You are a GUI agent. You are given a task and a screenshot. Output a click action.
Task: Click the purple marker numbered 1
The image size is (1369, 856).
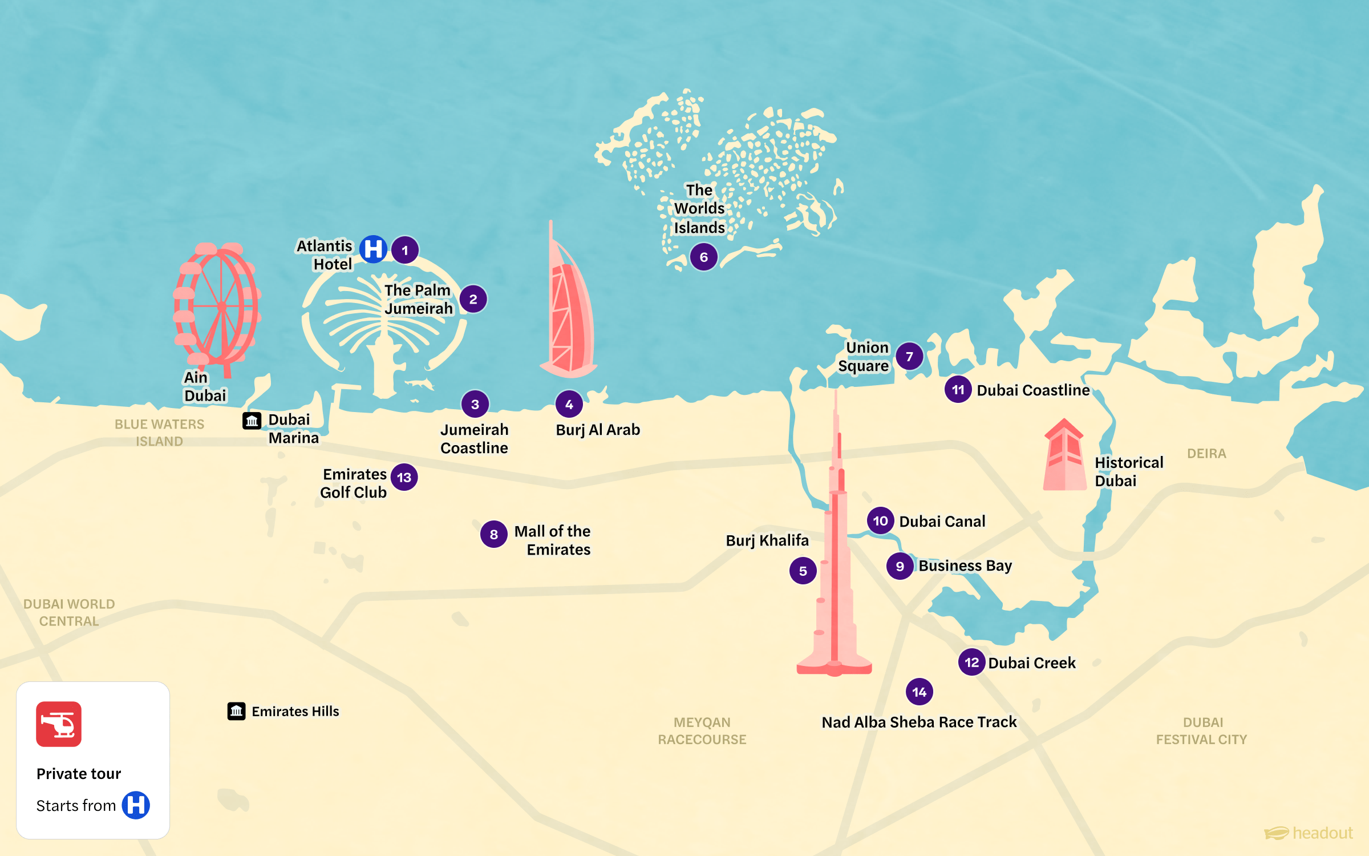pos(405,250)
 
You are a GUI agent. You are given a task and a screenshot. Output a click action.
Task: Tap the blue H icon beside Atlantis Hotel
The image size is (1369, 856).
pos(374,249)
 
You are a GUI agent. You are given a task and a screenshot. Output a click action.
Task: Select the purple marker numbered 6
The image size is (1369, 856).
pos(703,257)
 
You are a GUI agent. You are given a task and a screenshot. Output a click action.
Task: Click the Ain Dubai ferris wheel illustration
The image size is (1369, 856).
pos(217,305)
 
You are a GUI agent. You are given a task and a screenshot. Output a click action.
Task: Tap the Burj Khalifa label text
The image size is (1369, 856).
pos(767,540)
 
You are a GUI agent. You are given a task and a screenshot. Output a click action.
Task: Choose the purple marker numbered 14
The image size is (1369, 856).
pos(919,692)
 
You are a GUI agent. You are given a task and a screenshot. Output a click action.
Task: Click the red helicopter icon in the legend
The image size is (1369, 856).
pos(59,724)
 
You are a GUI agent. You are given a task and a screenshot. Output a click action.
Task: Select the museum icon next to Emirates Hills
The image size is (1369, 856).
pos(236,711)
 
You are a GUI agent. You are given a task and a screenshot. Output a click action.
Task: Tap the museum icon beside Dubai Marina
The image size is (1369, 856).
pos(252,421)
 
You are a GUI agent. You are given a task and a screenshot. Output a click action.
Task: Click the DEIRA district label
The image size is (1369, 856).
pos(1206,454)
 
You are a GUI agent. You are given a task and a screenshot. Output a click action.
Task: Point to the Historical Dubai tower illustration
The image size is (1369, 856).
pos(1064,457)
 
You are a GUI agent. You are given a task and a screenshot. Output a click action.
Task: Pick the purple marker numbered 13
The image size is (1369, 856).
pos(404,477)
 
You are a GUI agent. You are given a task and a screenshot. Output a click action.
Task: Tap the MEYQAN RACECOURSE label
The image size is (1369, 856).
pos(702,730)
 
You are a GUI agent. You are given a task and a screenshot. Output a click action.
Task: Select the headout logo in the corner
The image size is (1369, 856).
pos(1309,833)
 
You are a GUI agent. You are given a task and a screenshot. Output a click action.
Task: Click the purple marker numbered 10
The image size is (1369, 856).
pos(880,520)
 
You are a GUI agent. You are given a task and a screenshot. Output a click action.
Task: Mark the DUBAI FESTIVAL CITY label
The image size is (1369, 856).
pos(1202,730)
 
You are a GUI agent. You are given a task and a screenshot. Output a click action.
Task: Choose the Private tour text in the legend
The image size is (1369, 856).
pos(79,773)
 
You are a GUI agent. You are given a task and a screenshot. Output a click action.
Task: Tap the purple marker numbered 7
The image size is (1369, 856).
pos(909,356)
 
